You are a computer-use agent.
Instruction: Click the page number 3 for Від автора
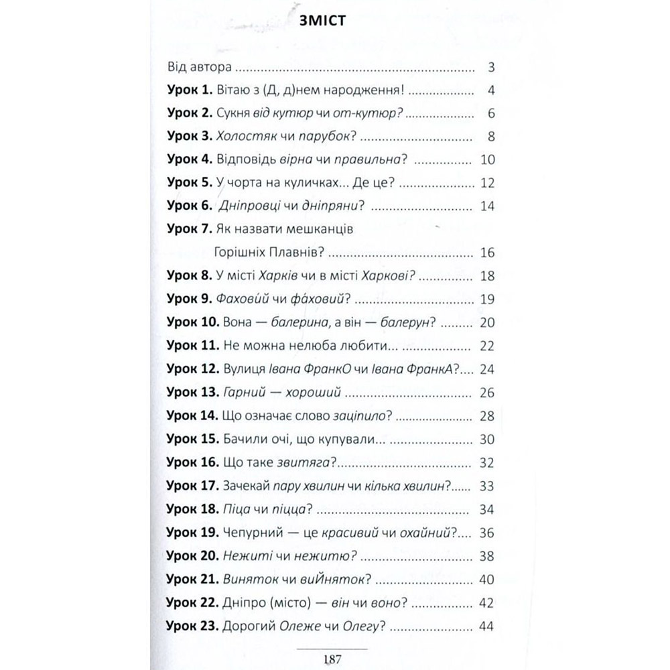[491, 68]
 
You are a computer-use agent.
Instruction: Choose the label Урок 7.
[190, 229]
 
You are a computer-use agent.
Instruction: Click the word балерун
[401, 322]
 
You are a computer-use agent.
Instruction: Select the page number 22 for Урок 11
[487, 346]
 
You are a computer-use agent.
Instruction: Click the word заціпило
[362, 416]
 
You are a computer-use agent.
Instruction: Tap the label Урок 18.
[193, 510]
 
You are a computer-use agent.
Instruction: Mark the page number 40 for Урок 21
[487, 580]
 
